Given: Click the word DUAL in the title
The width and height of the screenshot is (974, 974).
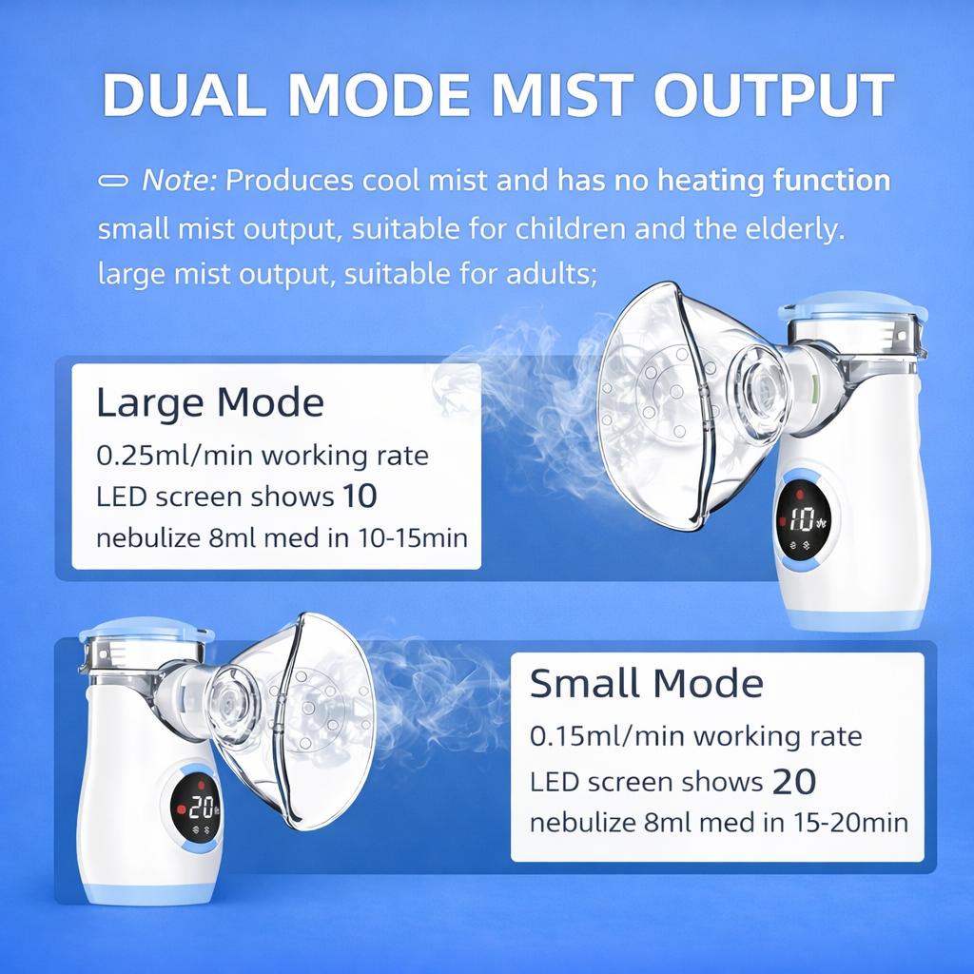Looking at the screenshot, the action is (x=184, y=95).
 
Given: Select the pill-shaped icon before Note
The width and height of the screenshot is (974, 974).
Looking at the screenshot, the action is (x=113, y=181).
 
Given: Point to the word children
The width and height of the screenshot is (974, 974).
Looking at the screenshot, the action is (x=571, y=228).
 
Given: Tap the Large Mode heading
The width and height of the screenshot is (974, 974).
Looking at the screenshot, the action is (x=210, y=402).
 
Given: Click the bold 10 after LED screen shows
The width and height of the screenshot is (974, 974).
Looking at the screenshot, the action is (x=360, y=497).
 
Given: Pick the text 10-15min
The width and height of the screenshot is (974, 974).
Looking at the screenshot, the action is (x=413, y=538).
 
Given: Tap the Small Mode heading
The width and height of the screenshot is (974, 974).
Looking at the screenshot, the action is (x=646, y=683).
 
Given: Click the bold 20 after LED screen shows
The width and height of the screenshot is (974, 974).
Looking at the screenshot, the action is (x=794, y=782).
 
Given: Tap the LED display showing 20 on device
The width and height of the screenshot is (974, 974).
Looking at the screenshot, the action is (x=196, y=808).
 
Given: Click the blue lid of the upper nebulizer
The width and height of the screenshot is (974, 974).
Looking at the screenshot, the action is (x=853, y=307).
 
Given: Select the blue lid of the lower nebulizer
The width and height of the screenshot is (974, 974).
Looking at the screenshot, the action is (x=146, y=630).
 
